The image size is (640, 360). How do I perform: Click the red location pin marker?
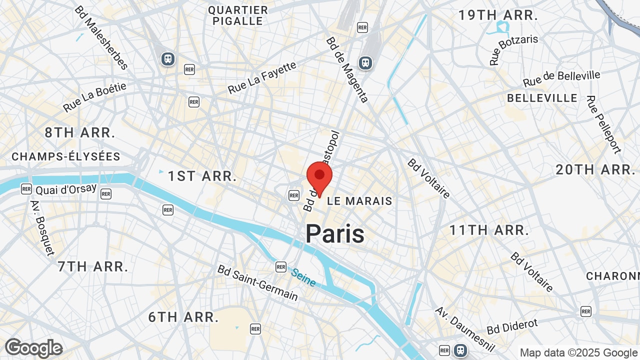click(x=319, y=176)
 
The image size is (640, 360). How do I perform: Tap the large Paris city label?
click(x=335, y=233)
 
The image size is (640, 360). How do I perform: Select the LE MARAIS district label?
click(x=359, y=201)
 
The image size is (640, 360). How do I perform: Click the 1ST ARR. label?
click(x=202, y=176)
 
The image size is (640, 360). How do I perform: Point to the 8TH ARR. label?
click(x=80, y=133)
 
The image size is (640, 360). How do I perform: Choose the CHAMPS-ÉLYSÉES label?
click(x=66, y=156)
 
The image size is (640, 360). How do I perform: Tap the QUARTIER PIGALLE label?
click(x=238, y=15)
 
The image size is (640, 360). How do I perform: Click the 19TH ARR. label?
click(x=498, y=15)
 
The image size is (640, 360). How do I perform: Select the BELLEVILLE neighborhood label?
click(x=542, y=98)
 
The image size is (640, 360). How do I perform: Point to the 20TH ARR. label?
click(x=595, y=169)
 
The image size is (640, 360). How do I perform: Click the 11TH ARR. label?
click(x=489, y=230)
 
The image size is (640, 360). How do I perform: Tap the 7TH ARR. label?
click(x=92, y=266)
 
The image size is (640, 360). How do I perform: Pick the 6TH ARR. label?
click(x=183, y=317)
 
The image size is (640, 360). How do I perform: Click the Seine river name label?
click(x=303, y=278)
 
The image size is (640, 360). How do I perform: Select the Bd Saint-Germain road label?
click(x=257, y=282)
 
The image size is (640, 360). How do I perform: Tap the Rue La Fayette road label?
click(x=262, y=78)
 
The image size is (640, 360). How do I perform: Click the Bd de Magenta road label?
click(x=347, y=69)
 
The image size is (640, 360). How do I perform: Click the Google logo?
click(x=33, y=348)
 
